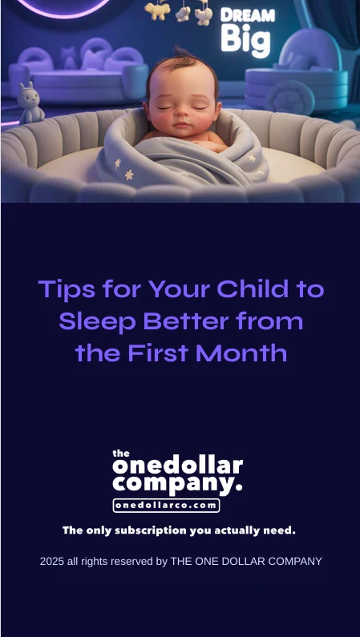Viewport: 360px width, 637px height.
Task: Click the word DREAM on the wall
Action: coord(247,15)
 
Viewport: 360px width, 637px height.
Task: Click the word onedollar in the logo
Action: coord(177,465)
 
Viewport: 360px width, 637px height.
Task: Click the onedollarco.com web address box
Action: coord(166,506)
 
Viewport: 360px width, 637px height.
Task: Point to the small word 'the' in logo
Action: coord(120,453)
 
